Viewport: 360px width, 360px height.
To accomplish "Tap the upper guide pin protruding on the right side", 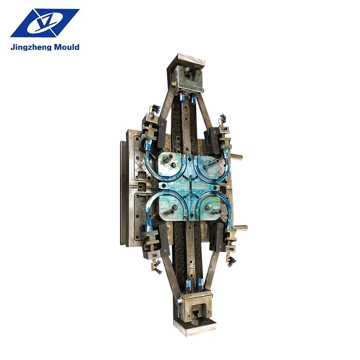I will coord(237,156).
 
